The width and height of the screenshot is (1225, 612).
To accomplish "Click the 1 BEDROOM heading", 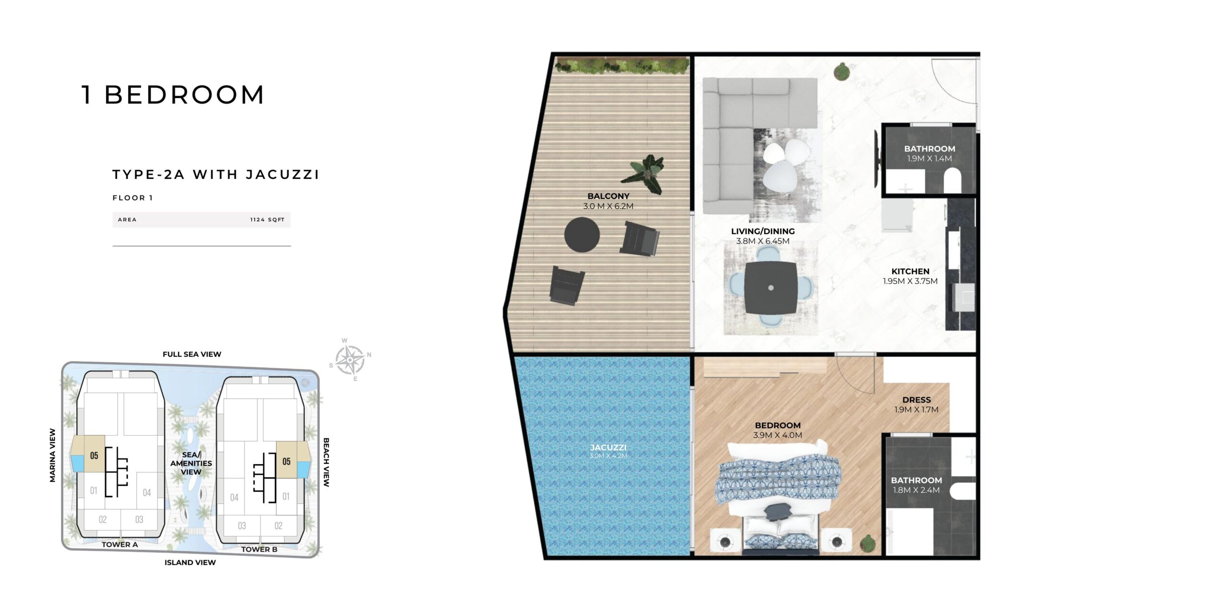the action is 173,95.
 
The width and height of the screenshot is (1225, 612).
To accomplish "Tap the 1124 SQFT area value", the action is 267,220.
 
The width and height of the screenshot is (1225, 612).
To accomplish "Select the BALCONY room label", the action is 608,196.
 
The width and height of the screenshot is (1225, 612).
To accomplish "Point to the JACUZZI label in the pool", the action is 608,448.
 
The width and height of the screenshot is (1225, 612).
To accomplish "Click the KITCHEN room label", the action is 910,271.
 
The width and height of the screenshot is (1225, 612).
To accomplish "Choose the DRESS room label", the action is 916,400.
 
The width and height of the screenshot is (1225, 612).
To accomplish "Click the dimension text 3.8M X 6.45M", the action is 763,241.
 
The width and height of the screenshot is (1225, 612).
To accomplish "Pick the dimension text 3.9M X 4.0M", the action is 778,435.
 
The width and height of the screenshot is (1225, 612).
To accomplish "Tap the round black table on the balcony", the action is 582,234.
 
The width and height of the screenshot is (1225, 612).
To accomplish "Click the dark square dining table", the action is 770,288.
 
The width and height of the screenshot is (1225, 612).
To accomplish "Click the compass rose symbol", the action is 351,360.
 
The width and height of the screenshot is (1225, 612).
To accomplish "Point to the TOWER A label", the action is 120,545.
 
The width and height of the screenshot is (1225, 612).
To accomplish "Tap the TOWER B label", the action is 259,549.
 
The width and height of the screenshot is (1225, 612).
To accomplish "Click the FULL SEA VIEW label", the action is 192,354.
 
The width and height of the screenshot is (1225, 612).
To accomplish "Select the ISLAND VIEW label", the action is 190,562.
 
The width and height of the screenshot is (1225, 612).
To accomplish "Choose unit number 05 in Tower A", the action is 94,455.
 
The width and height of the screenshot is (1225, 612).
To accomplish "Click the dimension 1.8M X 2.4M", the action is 916,490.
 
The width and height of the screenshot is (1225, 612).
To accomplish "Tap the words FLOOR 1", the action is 133,198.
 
